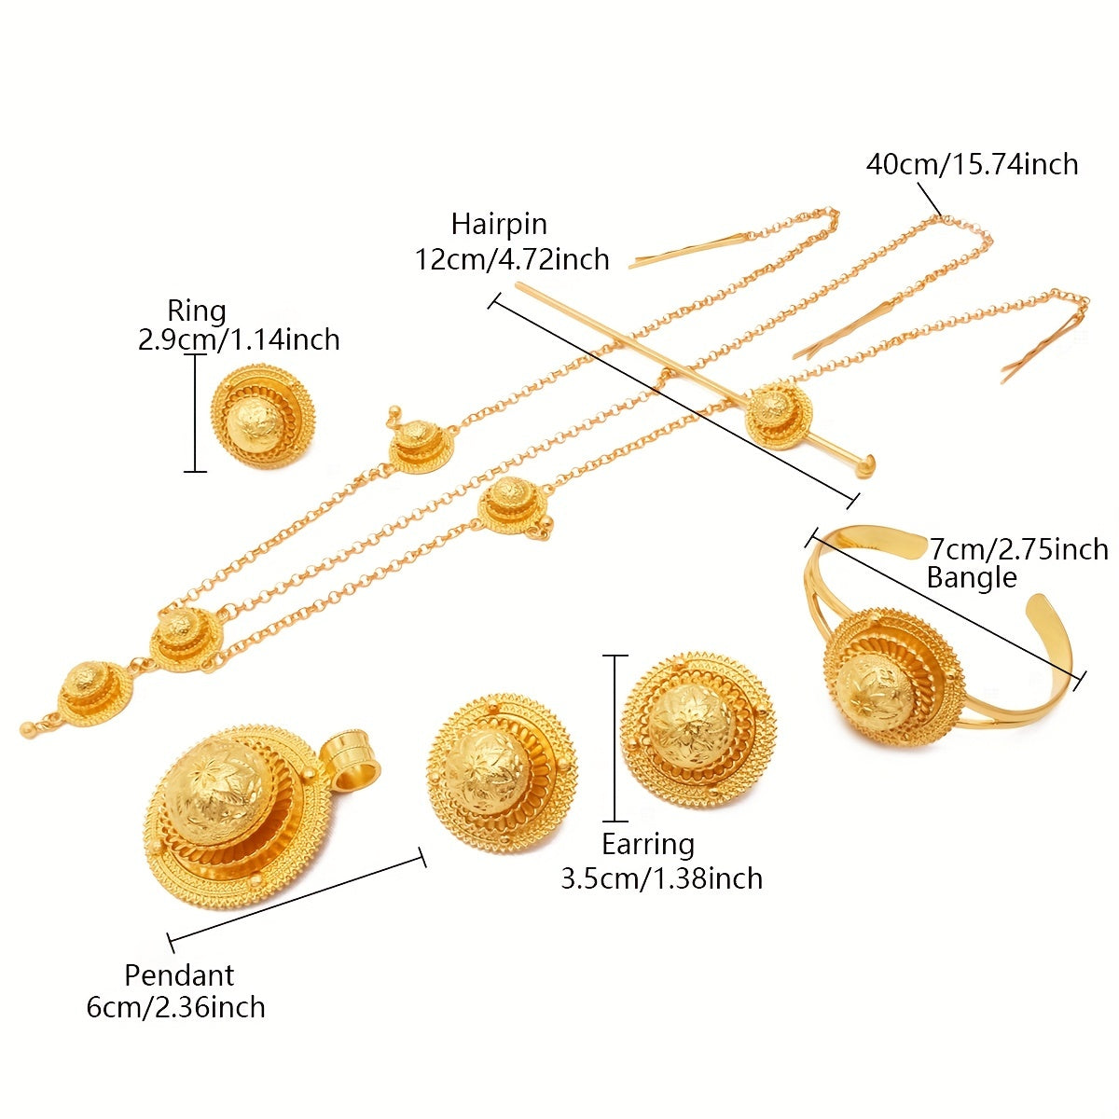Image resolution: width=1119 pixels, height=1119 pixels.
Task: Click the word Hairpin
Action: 499,225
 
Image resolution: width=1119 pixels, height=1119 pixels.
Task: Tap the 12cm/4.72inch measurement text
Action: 512,258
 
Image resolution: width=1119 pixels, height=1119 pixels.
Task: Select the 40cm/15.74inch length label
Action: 972,165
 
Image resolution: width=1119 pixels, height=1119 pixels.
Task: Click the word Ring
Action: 197,311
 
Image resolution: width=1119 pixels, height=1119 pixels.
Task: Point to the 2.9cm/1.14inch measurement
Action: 239,339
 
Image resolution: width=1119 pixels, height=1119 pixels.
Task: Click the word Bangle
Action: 971,578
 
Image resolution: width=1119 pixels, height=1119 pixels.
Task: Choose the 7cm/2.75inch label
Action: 1019,549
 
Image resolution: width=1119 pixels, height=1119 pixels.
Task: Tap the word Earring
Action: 648,844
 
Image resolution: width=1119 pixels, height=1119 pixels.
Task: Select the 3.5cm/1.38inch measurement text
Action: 661,878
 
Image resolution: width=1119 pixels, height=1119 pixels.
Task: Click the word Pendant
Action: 179,975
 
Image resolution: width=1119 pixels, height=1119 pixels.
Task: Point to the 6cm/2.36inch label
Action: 176,1008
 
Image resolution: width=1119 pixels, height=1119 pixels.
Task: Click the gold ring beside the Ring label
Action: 263,415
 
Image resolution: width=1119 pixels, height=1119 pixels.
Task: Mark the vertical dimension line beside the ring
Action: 195,412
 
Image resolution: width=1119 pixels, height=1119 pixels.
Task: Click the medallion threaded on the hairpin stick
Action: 778,412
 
